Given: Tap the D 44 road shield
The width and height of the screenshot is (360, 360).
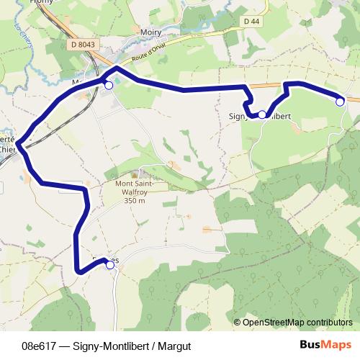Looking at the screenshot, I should pos(251,22).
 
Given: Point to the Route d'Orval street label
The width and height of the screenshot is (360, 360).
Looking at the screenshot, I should pos(150,54).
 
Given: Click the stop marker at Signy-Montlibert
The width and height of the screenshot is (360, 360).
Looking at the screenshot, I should pos(262,114).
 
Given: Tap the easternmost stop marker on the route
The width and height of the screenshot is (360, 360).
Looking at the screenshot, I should pos(340,102).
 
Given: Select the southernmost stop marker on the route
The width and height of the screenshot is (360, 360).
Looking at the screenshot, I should pos(110,265).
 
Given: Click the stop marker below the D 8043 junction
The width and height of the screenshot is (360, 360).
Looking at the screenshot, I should pos(109,86).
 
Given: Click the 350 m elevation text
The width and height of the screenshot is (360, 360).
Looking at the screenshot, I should pos(135,201).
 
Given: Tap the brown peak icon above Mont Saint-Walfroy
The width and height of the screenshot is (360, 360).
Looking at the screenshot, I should pos(135,174).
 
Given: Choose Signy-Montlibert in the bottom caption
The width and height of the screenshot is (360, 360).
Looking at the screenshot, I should pos(111,345).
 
